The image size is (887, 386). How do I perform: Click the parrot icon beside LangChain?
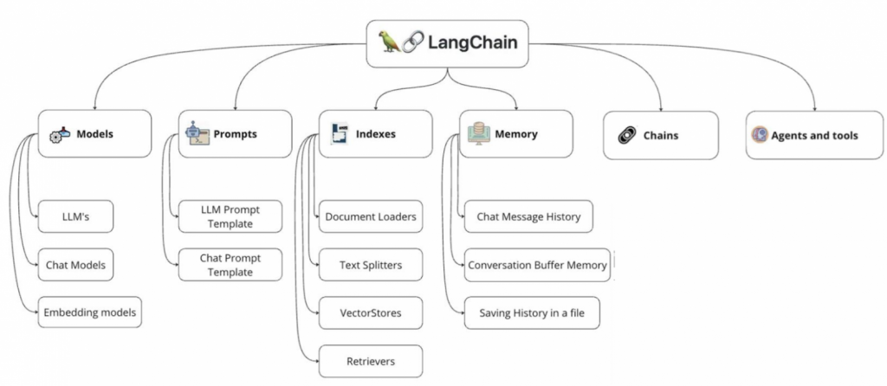tap(389, 42)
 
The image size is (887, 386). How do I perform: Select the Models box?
tap(94, 134)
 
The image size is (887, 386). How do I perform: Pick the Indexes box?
tap(374, 134)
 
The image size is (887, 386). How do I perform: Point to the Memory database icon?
tap(477, 132)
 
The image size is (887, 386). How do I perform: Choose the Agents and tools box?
tap(802, 135)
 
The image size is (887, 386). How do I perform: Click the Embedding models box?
tap(89, 312)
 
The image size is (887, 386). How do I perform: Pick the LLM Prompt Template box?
tap(230, 216)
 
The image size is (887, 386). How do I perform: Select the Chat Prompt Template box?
tap(230, 264)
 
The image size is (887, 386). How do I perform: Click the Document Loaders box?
tap(371, 216)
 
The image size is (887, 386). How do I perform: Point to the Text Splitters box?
tap(371, 265)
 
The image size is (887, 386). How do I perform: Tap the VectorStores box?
tap(371, 312)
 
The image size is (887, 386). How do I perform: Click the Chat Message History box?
tap(528, 216)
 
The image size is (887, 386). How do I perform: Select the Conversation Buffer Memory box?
tap(537, 265)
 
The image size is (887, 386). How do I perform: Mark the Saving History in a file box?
tap(532, 312)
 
